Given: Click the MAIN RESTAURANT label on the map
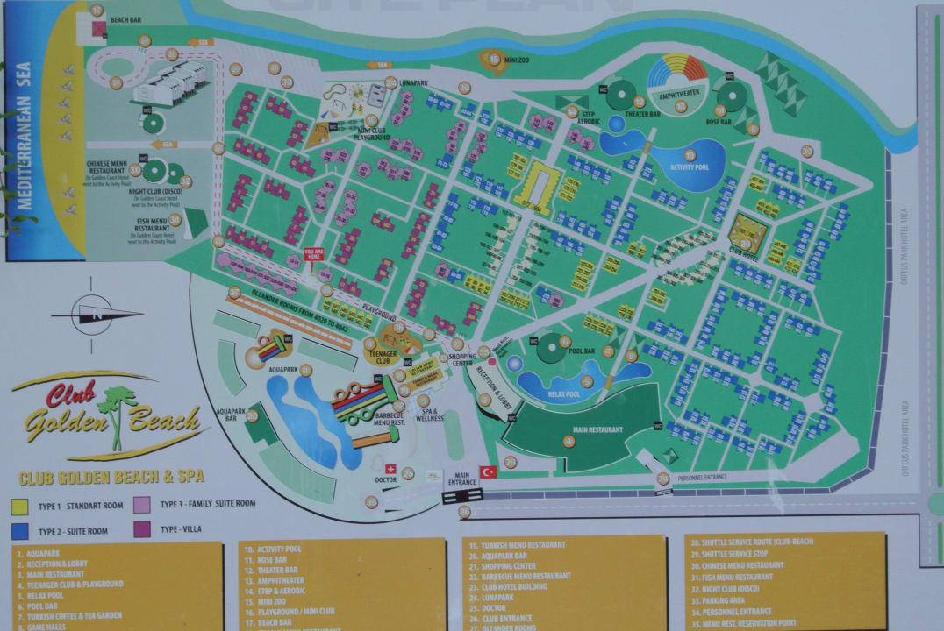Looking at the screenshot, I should tap(598, 430).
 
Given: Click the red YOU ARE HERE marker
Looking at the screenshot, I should tap(314, 254).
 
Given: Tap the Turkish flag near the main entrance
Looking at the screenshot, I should tap(488, 471).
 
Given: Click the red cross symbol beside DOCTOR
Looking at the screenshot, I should tap(390, 469).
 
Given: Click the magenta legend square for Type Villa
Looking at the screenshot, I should tap(141, 530).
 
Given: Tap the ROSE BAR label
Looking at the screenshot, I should tap(719, 122).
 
